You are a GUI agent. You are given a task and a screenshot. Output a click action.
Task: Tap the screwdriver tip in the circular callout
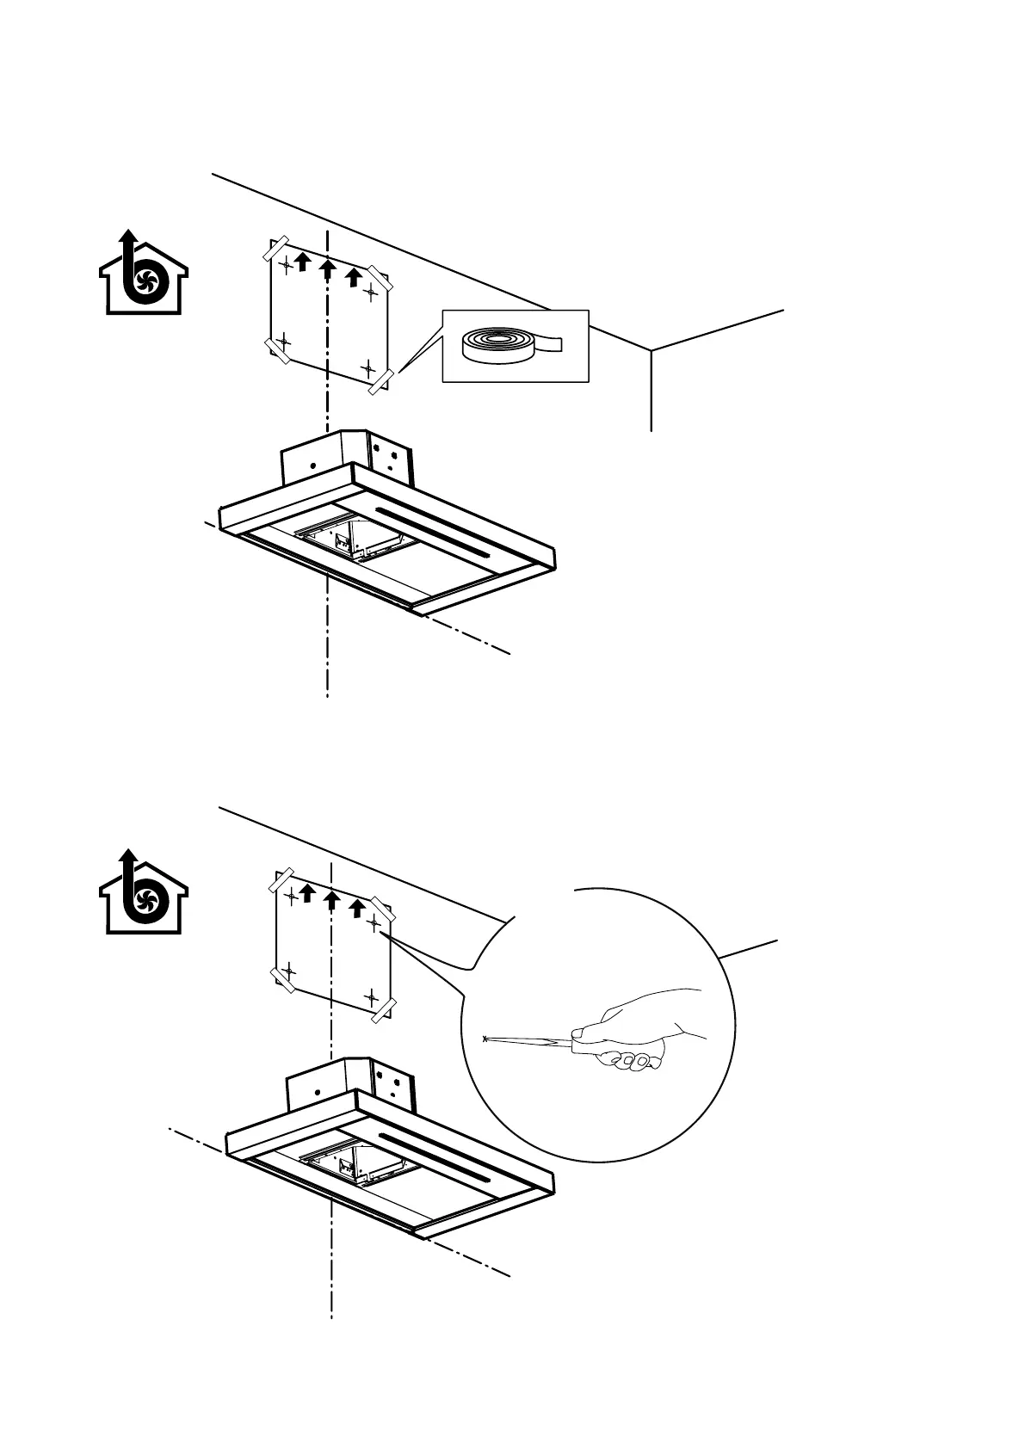pyautogui.click(x=487, y=1039)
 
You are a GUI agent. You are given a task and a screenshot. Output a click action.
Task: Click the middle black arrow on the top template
pyautogui.click(x=327, y=270)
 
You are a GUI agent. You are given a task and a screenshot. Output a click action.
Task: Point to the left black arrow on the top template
pyautogui.click(x=302, y=261)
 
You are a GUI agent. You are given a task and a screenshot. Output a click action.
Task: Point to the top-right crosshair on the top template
pyautogui.click(x=371, y=293)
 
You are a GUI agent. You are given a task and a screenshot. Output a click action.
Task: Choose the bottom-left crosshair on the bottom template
pyautogui.click(x=288, y=970)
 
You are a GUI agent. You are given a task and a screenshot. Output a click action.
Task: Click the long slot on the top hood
pyautogui.click(x=435, y=528)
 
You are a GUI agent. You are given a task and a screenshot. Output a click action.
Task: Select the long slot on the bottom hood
pyautogui.click(x=435, y=1156)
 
